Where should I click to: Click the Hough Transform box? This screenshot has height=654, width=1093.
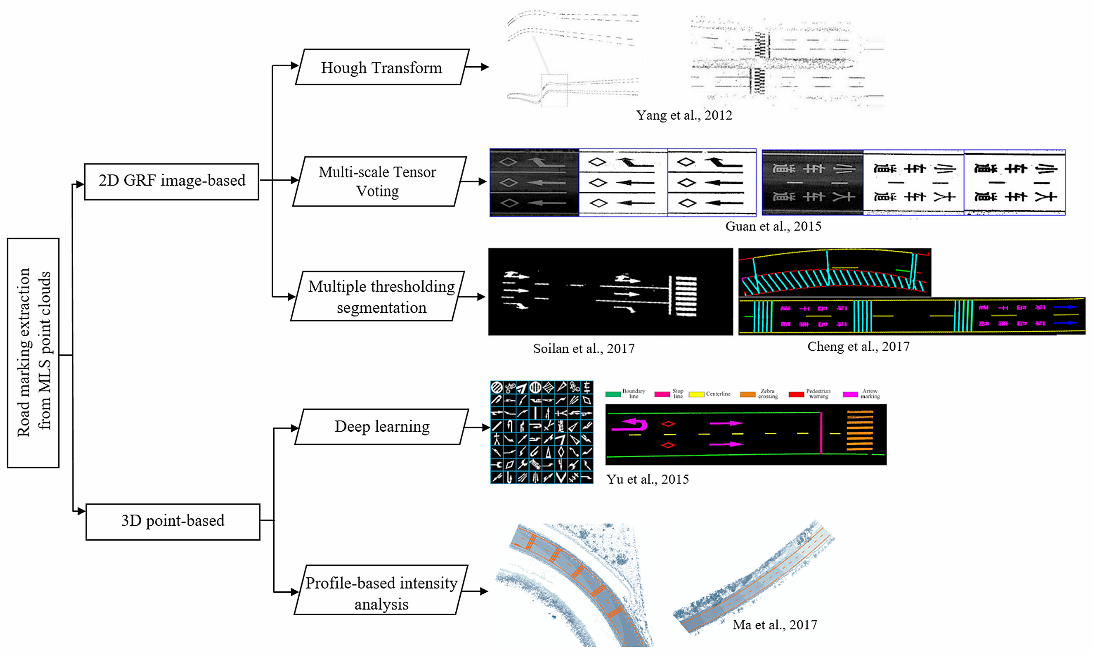(x=382, y=67)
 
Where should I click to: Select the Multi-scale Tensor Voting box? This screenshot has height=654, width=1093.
(x=378, y=181)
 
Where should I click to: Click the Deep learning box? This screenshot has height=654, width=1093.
(x=382, y=427)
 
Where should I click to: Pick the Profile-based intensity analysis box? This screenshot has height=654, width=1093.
(x=382, y=590)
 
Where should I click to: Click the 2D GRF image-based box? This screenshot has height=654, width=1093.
(x=171, y=181)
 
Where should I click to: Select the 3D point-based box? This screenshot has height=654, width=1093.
(x=173, y=521)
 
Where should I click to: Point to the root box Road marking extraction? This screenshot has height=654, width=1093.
(x=33, y=352)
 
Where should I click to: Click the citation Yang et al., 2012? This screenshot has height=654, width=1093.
(x=684, y=115)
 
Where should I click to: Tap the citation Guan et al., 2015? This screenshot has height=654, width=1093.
(x=773, y=226)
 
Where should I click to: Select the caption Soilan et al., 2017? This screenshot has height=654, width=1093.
(x=584, y=348)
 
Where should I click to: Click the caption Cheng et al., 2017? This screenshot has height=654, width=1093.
(x=858, y=347)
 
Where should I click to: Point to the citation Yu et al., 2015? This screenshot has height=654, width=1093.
(x=648, y=479)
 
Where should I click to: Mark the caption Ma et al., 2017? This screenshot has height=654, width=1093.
(x=774, y=625)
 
